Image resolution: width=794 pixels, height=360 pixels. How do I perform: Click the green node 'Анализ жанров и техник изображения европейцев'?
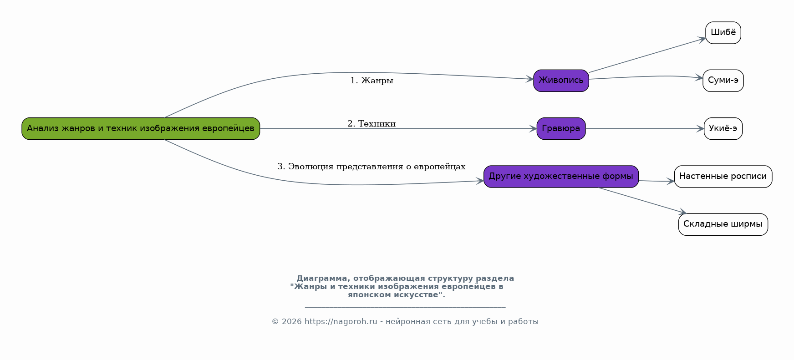pos(141,129)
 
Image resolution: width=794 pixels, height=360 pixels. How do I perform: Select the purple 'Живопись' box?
pos(561,81)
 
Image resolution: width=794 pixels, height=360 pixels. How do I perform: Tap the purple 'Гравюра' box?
pos(561,129)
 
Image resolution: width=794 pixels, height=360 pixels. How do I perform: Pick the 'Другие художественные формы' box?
pos(561,177)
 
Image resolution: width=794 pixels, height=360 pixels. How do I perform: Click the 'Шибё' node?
pos(723,33)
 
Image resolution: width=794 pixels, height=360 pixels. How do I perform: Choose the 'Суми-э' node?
pos(723,81)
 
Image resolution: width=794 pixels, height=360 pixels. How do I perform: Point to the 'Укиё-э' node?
pos(723,129)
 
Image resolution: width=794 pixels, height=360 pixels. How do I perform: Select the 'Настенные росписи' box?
pos(723,177)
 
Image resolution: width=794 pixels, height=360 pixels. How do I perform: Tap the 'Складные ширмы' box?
pos(723,224)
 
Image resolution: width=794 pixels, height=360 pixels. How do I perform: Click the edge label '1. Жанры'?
pos(372,81)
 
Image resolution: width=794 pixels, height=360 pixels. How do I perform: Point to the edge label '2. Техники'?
pos(372,124)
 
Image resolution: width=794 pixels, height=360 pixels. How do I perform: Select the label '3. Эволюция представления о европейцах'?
pos(372,167)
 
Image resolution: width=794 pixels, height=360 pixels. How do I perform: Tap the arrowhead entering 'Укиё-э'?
pos(701,129)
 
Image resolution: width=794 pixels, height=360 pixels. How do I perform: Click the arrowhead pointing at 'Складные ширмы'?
pos(682,212)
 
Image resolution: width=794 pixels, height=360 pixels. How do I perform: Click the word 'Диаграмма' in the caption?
pos(321,279)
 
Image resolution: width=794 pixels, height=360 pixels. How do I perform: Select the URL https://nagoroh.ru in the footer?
pos(341,322)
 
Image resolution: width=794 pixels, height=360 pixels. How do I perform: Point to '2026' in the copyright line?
pos(291,322)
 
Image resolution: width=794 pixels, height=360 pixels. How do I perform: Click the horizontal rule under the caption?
pos(405,307)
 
